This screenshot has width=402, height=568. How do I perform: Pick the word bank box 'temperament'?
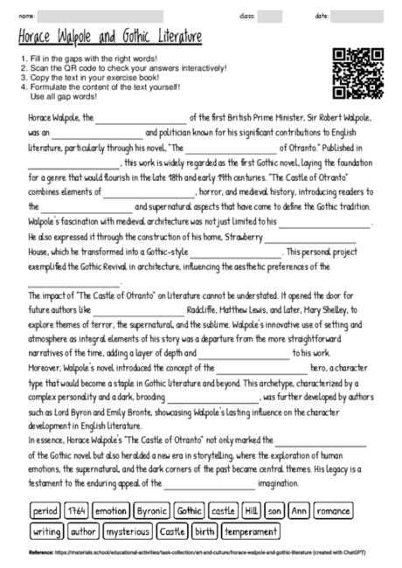[x=251, y=530]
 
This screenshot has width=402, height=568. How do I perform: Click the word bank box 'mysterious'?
[x=128, y=530]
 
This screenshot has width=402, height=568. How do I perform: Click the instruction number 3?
[x=22, y=78]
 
